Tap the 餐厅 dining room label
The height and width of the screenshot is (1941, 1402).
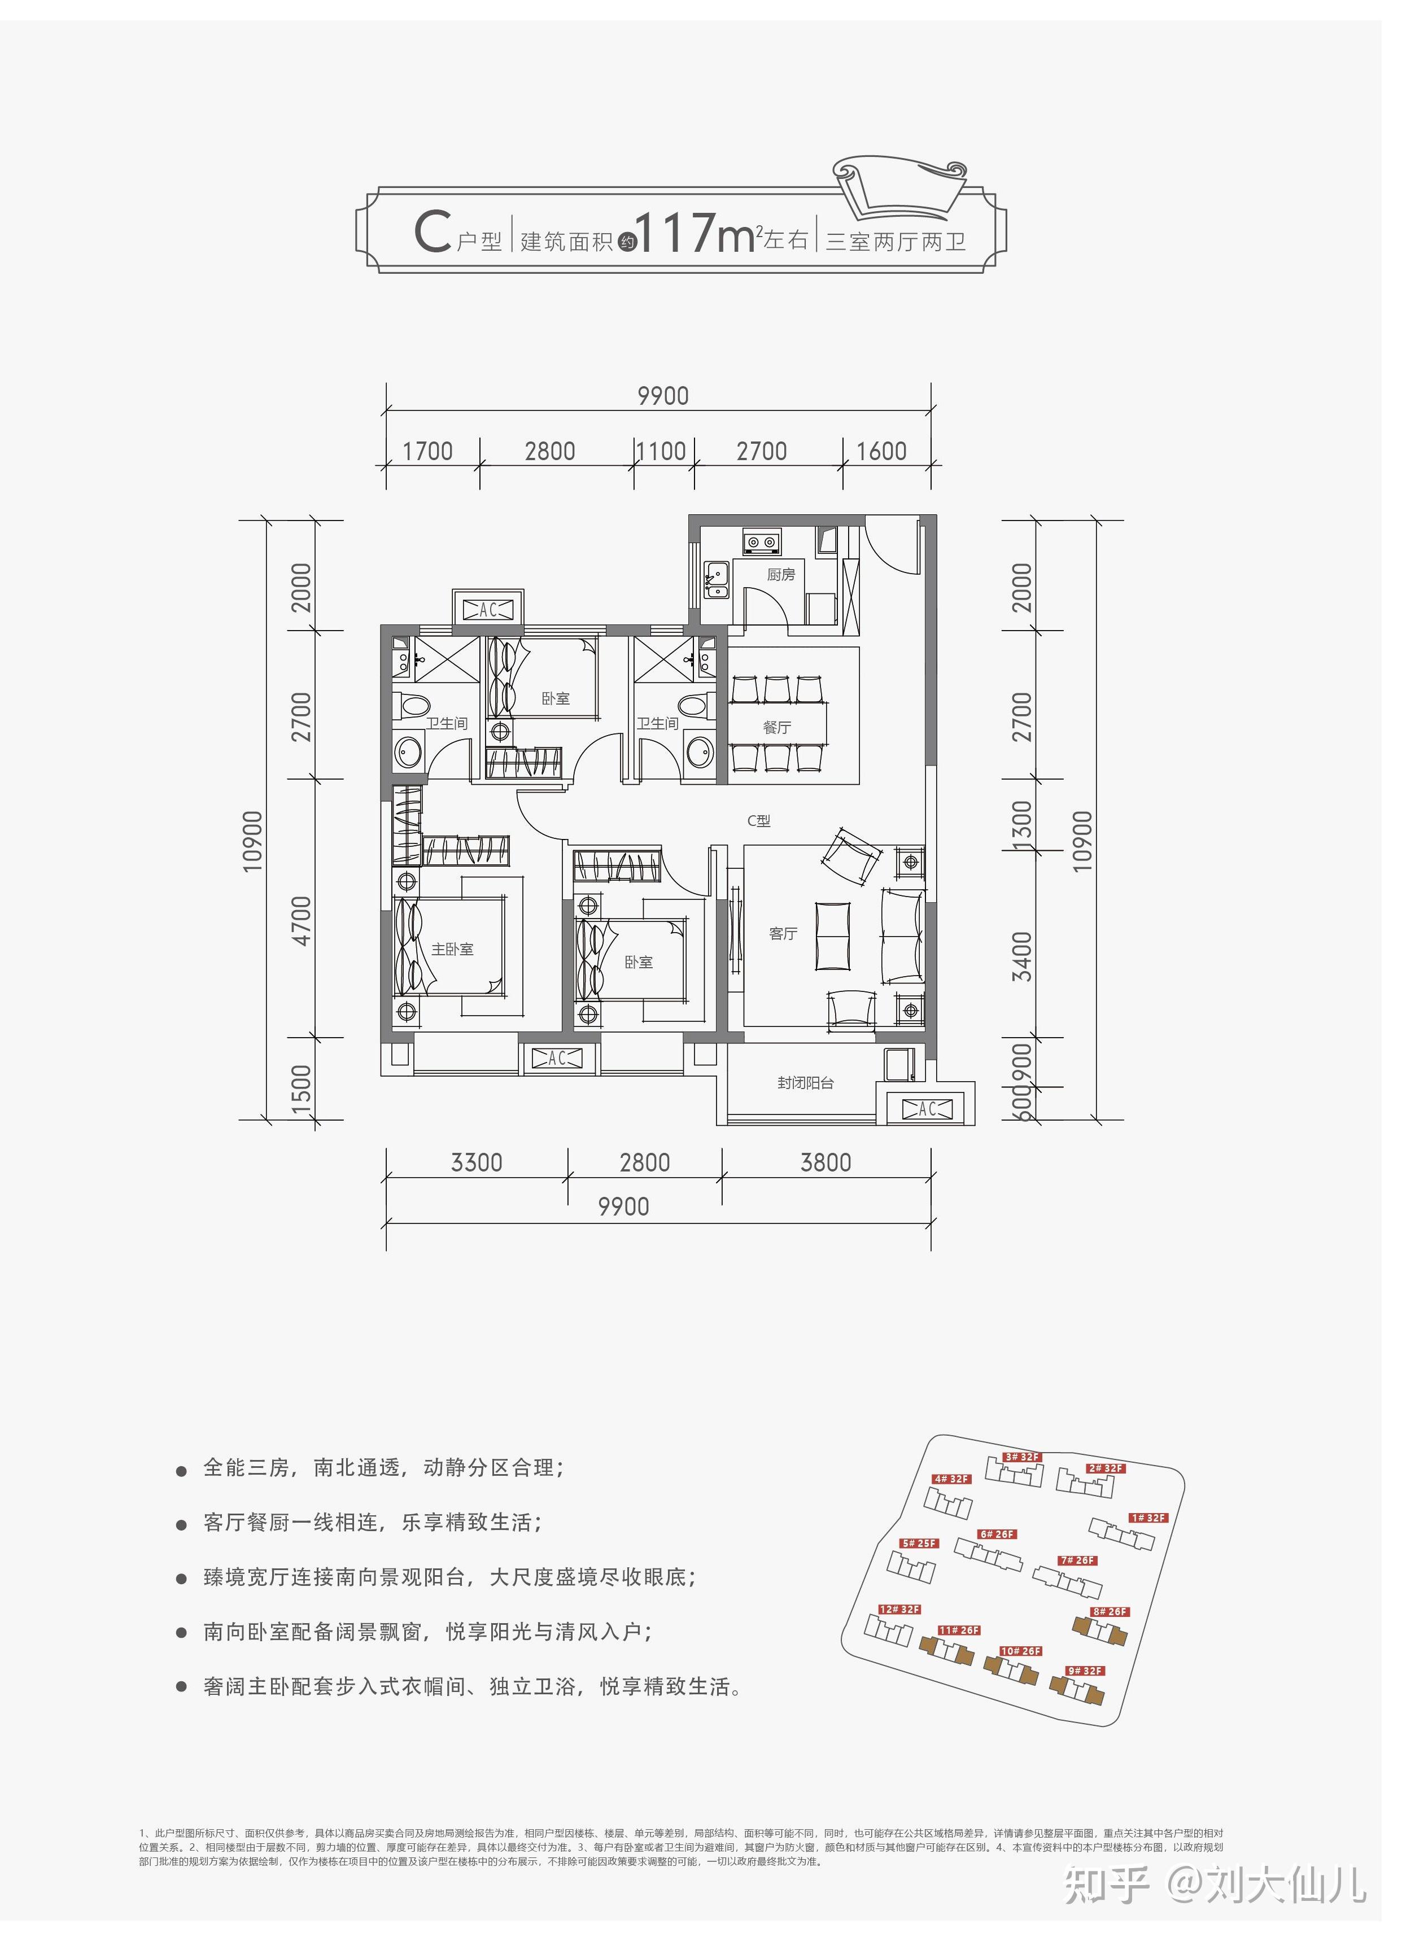776,727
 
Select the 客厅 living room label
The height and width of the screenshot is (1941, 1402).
783,934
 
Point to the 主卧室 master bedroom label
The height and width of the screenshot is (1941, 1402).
452,949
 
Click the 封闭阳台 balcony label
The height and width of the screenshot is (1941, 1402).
805,1083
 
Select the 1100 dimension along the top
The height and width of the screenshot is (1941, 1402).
662,451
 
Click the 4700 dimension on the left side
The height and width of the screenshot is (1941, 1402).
302,920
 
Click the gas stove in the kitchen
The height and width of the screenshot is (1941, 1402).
761,541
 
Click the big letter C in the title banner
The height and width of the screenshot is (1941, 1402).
433,233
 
